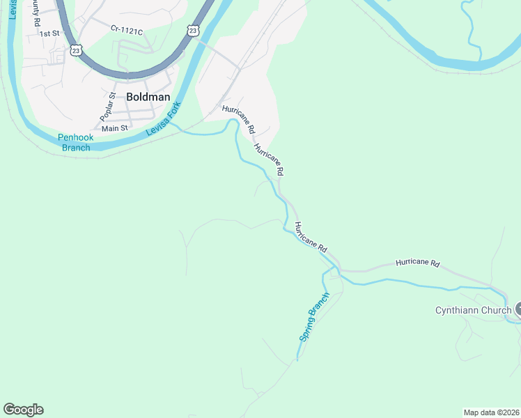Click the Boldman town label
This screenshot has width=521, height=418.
coord(148,97)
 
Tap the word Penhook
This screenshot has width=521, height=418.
coord(75,137)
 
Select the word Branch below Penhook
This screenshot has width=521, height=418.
coord(75,147)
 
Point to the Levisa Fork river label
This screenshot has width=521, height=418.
coord(163,118)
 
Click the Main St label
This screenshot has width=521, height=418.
coord(115,128)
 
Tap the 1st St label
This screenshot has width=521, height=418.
coord(49,33)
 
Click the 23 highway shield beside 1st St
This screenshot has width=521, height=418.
coord(76,50)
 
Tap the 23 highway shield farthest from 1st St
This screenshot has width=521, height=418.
coord(193,30)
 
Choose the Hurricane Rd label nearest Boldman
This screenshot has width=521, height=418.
coord(239,118)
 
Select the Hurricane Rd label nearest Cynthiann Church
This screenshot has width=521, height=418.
coord(418,263)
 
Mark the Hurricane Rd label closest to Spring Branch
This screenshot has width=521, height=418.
coord(310,237)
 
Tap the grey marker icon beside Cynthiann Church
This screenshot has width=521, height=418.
coord(518,310)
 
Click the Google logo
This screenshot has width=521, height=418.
coord(23,410)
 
